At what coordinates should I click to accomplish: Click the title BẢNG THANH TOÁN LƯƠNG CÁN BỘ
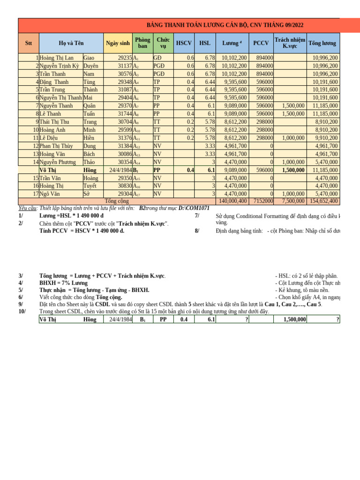click(x=225, y=25)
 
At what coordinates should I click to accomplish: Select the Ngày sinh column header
click(x=118, y=43)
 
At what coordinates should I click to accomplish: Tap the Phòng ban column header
click(x=142, y=43)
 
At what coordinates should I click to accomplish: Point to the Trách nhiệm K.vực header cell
click(x=290, y=43)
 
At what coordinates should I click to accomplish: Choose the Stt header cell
click(x=29, y=43)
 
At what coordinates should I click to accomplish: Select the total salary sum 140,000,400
click(x=232, y=201)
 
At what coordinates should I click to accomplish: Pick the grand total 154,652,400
click(x=323, y=201)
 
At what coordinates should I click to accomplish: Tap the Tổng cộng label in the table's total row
click(x=117, y=201)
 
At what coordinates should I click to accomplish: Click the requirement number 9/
click(x=21, y=304)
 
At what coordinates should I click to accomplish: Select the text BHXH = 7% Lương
click(x=63, y=283)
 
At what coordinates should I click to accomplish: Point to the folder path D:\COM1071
click(x=194, y=208)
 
